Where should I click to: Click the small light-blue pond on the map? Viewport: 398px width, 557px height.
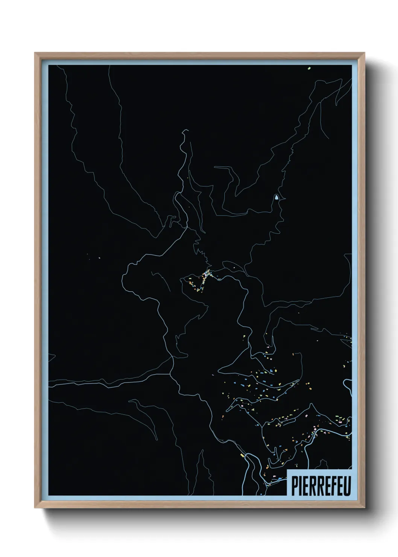click(x=277, y=197)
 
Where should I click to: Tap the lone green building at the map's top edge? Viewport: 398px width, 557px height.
click(x=308, y=68)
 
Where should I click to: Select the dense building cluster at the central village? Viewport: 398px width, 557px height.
click(x=205, y=277)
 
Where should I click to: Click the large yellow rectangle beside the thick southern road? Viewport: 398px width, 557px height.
click(x=243, y=455)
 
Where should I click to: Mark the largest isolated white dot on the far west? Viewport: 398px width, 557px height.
click(x=99, y=258)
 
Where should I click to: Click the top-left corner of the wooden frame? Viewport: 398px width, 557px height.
click(x=35, y=53)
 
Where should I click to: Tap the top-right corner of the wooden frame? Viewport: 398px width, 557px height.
click(x=365, y=53)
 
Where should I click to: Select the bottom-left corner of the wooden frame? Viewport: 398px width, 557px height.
click(x=35, y=508)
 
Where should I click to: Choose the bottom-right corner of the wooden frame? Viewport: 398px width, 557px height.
click(x=365, y=508)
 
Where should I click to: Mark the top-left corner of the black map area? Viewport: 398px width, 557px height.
click(x=49, y=65)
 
